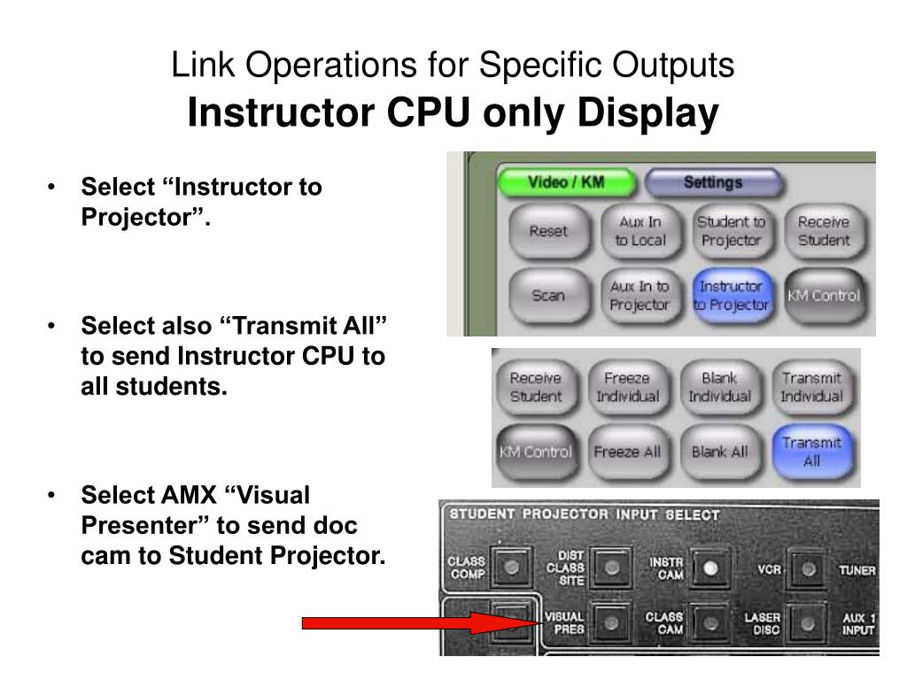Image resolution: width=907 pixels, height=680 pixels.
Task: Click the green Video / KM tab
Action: pos(566,183)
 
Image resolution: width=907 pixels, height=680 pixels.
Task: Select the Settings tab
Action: pos(712,183)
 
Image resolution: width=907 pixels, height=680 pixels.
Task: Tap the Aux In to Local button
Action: pos(640,231)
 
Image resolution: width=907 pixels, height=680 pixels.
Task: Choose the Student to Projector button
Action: pos(731,231)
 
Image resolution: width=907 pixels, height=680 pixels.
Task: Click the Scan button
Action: pos(548,296)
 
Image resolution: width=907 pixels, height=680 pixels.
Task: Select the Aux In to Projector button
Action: pos(640,296)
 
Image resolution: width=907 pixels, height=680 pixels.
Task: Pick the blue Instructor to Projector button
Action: pos(731,296)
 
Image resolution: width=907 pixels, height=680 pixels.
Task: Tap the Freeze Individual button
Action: pos(627,387)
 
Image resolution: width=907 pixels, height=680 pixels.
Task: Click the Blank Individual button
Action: pos(719,387)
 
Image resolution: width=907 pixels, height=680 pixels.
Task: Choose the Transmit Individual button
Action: pos(811,387)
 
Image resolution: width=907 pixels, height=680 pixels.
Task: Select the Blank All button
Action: pos(719,452)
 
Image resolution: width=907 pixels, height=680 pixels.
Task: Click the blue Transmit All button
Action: pos(811,452)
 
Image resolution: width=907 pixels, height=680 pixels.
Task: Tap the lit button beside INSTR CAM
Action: pos(710,568)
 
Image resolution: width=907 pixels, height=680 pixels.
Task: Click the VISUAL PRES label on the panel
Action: pos(563,623)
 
